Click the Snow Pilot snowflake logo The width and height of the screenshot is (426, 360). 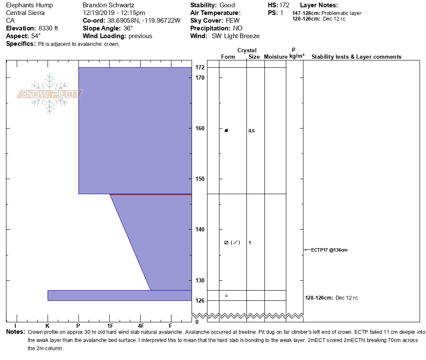click(50, 94)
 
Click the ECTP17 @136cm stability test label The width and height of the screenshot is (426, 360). click(329, 250)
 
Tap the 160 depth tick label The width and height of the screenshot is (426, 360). click(200, 129)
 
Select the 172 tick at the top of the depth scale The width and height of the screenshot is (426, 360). click(200, 68)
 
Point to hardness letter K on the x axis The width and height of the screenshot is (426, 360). click(48, 326)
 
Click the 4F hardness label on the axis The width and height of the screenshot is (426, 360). click(141, 326)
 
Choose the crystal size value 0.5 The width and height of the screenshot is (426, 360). click(252, 131)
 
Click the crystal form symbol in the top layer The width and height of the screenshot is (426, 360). click(226, 130)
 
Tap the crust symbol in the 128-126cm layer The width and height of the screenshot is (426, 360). click(226, 296)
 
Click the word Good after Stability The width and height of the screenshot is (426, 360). click(227, 5)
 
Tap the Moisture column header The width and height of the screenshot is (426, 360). click(275, 57)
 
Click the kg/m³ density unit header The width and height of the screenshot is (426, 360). click(297, 56)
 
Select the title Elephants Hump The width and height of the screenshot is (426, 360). click(30, 5)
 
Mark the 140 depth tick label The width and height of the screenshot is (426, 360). click(200, 230)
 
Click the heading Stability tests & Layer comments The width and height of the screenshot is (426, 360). click(356, 57)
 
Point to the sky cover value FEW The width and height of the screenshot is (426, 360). click(233, 21)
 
